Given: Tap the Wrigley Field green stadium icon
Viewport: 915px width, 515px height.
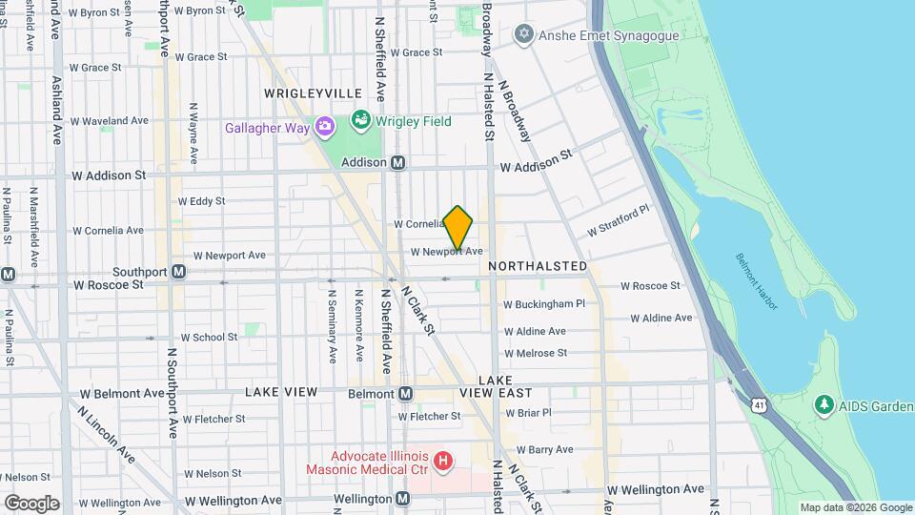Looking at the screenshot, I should pyautogui.click(x=361, y=121).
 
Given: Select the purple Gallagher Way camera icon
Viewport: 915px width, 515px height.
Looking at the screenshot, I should pyautogui.click(x=324, y=127).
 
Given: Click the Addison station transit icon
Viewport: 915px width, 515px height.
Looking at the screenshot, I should pyautogui.click(x=398, y=163).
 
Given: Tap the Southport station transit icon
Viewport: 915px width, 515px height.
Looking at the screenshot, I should pyautogui.click(x=178, y=272).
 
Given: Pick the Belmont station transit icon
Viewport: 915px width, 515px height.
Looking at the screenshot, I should pyautogui.click(x=405, y=393).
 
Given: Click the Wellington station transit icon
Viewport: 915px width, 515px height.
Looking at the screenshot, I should pyautogui.click(x=403, y=499).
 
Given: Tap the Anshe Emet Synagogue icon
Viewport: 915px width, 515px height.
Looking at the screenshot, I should pyautogui.click(x=522, y=35).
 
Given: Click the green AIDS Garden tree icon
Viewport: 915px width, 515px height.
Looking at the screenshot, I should pyautogui.click(x=824, y=405).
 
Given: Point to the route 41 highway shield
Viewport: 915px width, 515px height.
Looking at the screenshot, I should pyautogui.click(x=758, y=405).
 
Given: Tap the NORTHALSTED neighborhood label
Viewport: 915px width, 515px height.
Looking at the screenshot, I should pyautogui.click(x=538, y=266).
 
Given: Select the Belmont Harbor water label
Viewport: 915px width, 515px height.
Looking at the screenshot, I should pyautogui.click(x=758, y=281).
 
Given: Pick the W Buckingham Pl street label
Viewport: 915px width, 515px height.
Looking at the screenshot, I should pyautogui.click(x=543, y=304).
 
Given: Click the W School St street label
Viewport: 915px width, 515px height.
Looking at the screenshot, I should pyautogui.click(x=209, y=338).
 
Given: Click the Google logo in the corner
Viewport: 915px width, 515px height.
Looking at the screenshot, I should pyautogui.click(x=31, y=503).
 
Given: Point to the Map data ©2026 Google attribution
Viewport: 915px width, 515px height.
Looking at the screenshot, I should pyautogui.click(x=855, y=508).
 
